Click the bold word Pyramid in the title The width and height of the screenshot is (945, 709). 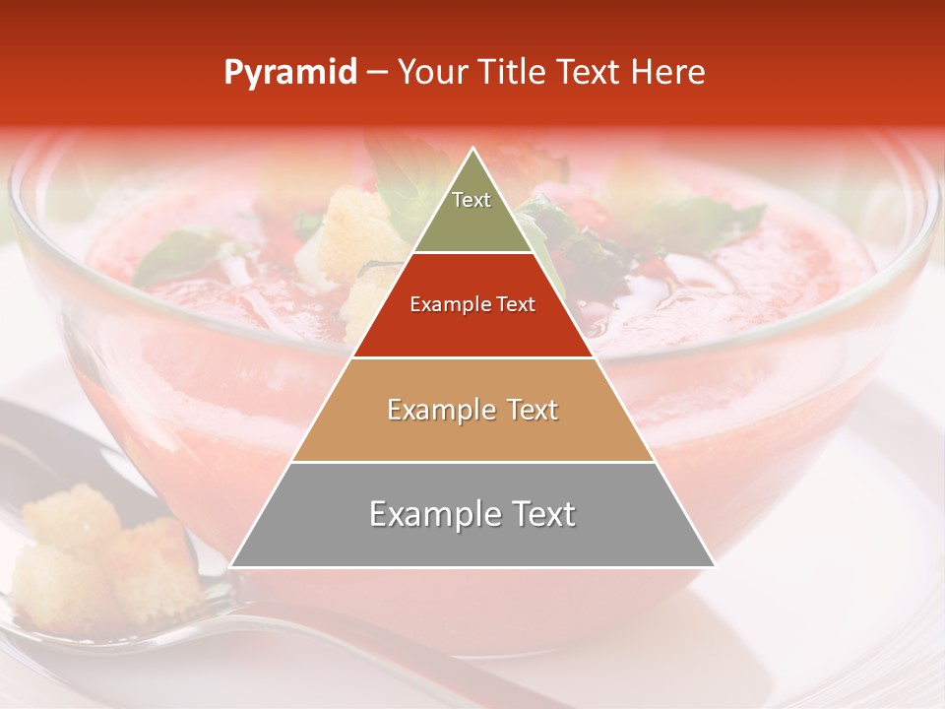tap(289, 73)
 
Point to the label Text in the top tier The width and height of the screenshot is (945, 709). tap(472, 200)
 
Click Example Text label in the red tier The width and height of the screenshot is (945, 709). tap(472, 305)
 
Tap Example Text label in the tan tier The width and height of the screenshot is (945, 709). tap(472, 410)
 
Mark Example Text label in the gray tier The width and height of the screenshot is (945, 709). tap(472, 514)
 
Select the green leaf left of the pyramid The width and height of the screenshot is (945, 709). tap(182, 254)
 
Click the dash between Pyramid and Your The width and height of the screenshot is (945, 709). tap(377, 73)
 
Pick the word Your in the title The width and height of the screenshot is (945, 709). tap(430, 73)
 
